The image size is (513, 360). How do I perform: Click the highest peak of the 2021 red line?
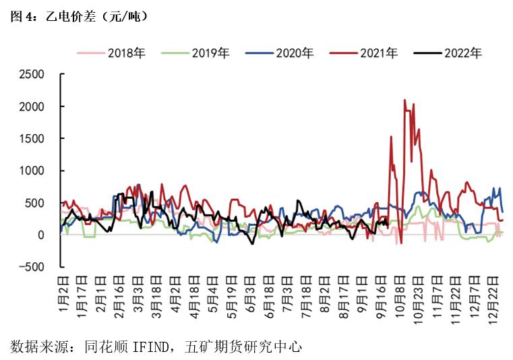tap(404, 100)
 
